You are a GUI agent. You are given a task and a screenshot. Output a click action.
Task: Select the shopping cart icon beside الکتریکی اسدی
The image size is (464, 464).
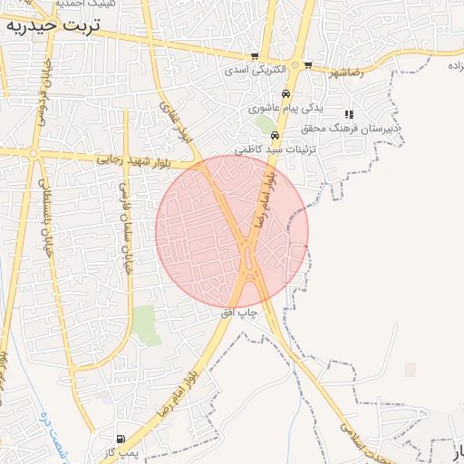[x=255, y=56]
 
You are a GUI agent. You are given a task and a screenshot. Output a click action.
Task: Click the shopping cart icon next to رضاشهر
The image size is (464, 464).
[x=309, y=64]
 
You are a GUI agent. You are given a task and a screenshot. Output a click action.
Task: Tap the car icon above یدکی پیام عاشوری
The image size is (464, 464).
[x=285, y=93]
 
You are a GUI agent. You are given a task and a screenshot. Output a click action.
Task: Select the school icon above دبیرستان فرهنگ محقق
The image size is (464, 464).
[x=349, y=115]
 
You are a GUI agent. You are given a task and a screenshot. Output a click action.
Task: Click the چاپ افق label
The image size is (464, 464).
[x=240, y=312]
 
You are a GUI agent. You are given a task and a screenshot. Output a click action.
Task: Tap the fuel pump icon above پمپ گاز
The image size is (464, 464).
[x=121, y=439]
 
